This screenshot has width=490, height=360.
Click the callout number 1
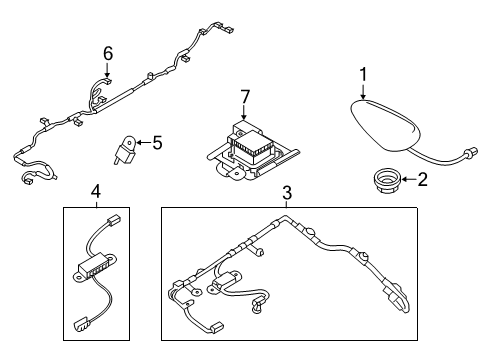tap(363, 75)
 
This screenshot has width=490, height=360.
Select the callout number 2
tap(422, 179)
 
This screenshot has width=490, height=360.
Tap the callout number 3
tap(287, 193)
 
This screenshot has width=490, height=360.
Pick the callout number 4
tap(96, 192)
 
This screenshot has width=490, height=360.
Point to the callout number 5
tap(157, 143)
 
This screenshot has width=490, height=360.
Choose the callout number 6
tap(108, 53)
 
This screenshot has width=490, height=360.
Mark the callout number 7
tap(245, 97)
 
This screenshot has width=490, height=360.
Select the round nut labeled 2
tap(387, 180)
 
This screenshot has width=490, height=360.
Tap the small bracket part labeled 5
tap(126, 149)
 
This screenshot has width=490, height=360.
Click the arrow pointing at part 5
tap(143, 143)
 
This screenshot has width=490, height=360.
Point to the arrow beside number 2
tap(409, 179)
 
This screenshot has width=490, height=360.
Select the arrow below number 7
tap(244, 112)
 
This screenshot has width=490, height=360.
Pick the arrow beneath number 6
tap(107, 70)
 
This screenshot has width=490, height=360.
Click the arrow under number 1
tap(363, 91)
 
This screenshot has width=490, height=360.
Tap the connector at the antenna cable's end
tap(472, 152)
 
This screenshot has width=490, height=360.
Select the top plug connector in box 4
tap(113, 220)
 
